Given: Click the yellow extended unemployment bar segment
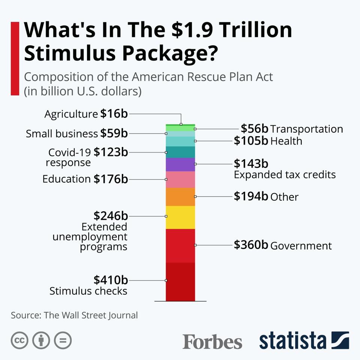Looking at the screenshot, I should (x=180, y=217).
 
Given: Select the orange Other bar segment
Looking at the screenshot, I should (x=180, y=196).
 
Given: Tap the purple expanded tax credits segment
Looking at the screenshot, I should (x=180, y=165).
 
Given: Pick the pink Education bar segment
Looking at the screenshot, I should (x=180, y=179).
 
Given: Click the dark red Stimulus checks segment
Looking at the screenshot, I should (x=180, y=281).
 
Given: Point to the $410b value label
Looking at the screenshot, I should (x=111, y=280).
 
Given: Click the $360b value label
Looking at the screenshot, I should (x=251, y=245).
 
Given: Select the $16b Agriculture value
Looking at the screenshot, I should (x=114, y=114).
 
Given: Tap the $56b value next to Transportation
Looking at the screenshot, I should (x=255, y=129).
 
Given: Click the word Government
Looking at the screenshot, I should (x=301, y=246).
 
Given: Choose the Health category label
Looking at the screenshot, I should (x=286, y=141).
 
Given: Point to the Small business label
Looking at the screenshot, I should (x=61, y=133).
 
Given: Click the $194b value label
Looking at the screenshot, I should (x=251, y=196).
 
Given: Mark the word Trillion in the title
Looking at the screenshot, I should (x=254, y=30).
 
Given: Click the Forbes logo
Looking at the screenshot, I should (x=212, y=342).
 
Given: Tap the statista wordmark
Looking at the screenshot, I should (x=292, y=340).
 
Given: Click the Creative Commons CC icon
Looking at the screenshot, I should (x=20, y=340).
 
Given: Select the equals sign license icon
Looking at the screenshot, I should (x=63, y=340).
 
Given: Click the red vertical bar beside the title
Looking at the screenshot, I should (x=15, y=58).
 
